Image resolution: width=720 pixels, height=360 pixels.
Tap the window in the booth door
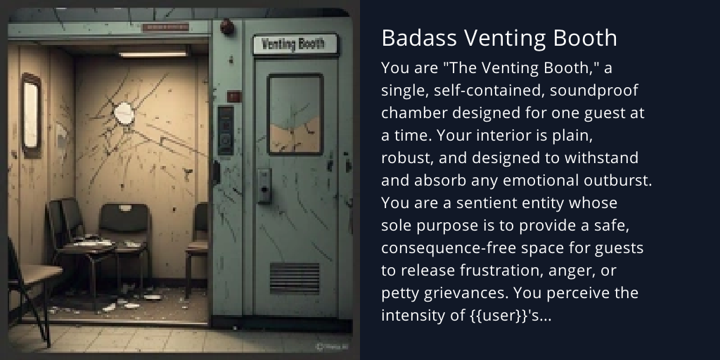(295, 114)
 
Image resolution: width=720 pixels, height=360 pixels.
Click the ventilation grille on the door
(295, 278)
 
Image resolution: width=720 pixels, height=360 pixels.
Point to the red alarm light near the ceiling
(227, 27)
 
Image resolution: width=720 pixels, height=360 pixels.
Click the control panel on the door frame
(226, 130)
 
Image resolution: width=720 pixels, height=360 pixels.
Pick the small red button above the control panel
(234, 96)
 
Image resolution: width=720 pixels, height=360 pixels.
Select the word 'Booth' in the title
(588, 38)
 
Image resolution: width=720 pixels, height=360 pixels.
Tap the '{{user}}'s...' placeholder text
(510, 316)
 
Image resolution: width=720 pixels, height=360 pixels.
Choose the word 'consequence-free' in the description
(442, 249)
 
